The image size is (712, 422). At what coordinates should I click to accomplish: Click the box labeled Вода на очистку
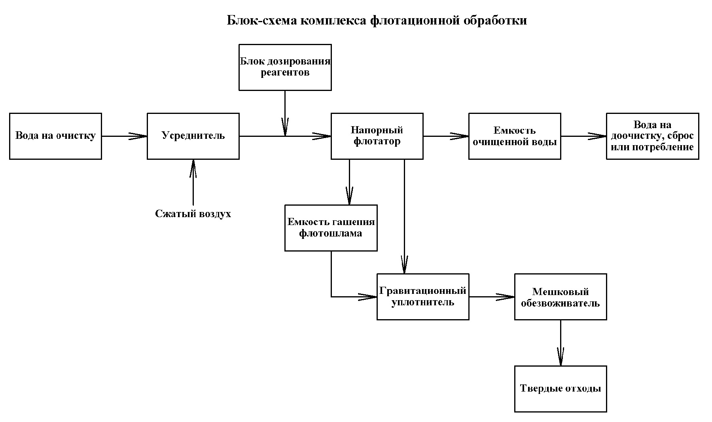[x=55, y=136]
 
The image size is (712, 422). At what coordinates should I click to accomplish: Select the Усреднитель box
[x=193, y=136]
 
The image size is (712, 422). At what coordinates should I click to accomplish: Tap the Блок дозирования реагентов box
[x=285, y=67]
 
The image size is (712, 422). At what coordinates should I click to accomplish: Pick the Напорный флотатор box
[x=377, y=136]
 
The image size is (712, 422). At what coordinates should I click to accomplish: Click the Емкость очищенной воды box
[x=514, y=136]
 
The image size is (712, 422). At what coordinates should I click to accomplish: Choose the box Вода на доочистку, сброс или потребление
[x=652, y=136]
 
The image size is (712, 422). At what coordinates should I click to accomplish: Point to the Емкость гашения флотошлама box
[x=331, y=228]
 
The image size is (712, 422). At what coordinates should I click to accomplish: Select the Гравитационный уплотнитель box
[x=422, y=297]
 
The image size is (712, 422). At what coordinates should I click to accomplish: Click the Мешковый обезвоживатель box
[x=560, y=297]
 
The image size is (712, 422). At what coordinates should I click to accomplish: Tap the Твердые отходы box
[x=560, y=389]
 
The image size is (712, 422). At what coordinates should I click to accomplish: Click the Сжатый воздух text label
[x=193, y=214]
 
